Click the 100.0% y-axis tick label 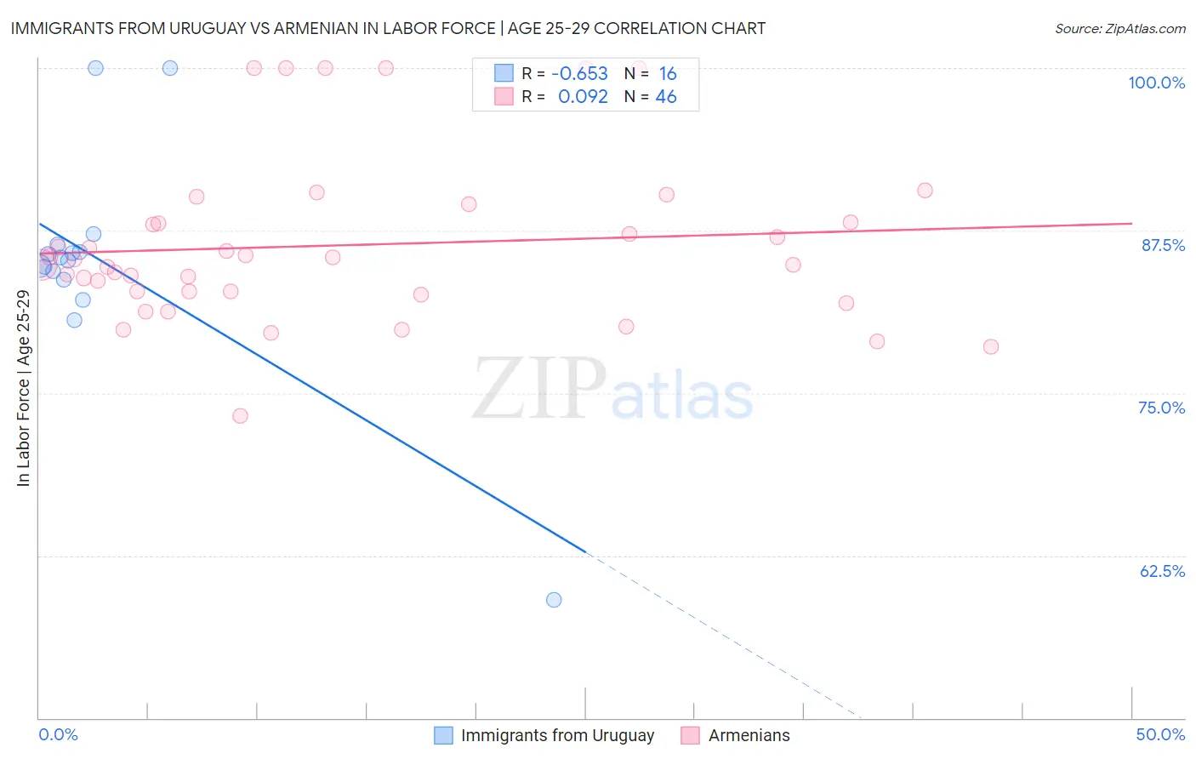[x=1156, y=83]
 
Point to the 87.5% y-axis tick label [x=1163, y=245]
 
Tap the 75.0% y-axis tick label [x=1161, y=408]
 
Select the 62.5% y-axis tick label [x=1162, y=571]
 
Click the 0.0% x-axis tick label [x=58, y=734]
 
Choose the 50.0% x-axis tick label [x=1160, y=734]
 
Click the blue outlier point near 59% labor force [x=554, y=600]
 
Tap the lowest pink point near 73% [x=240, y=416]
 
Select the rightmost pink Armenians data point [x=990, y=347]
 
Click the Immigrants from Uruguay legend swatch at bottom [x=443, y=736]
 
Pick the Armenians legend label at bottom [x=749, y=736]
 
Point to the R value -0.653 [x=579, y=74]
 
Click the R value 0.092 [x=583, y=97]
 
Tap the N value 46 [x=666, y=97]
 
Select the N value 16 [x=668, y=74]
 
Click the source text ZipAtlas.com [x=1120, y=29]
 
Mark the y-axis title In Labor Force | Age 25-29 [x=24, y=388]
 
